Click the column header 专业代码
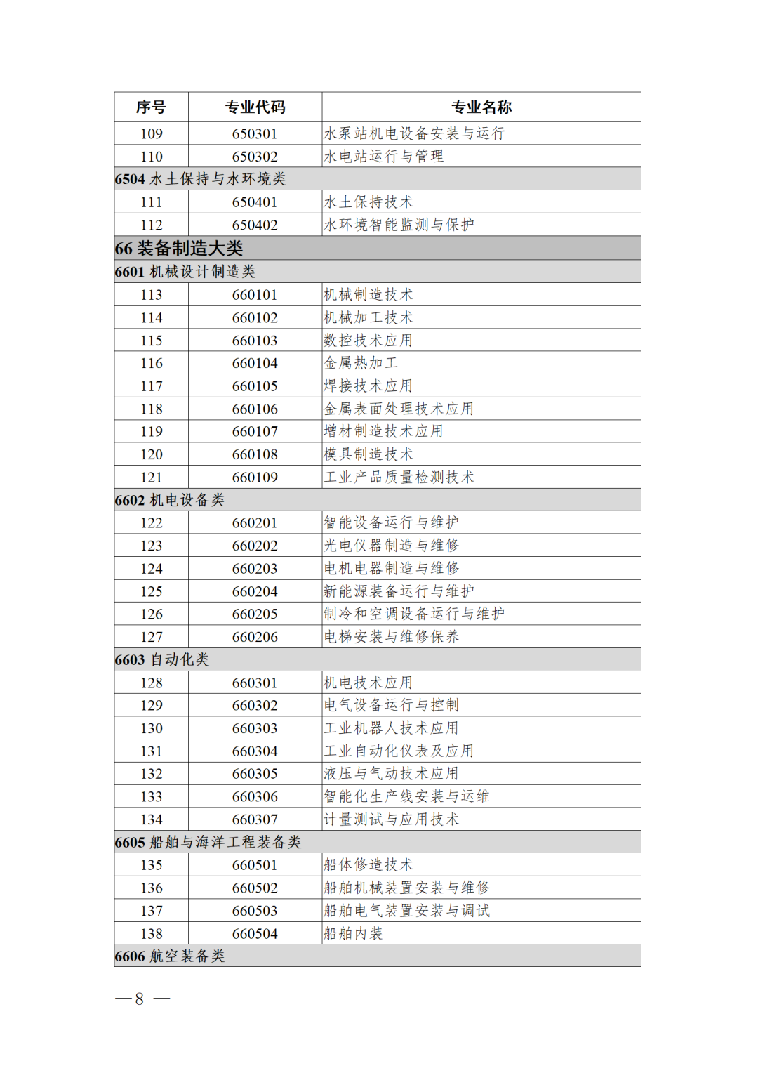click(x=255, y=107)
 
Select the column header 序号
click(x=151, y=107)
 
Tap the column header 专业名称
click(x=481, y=107)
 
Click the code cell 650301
click(x=255, y=133)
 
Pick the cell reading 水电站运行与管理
click(x=383, y=157)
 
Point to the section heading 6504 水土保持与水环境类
click(x=201, y=179)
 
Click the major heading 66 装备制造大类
click(x=179, y=248)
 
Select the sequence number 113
click(x=151, y=295)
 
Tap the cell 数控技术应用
click(x=368, y=341)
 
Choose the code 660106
click(x=255, y=409)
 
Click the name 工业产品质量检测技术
click(x=399, y=478)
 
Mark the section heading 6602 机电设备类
click(x=170, y=500)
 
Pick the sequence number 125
click(x=151, y=591)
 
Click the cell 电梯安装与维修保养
click(x=391, y=637)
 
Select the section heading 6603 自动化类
click(x=162, y=660)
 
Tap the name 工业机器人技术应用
click(x=391, y=728)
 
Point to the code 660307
click(x=255, y=819)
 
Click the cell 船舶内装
click(x=353, y=934)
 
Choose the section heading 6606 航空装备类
click(x=170, y=956)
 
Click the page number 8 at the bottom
click(x=140, y=999)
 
